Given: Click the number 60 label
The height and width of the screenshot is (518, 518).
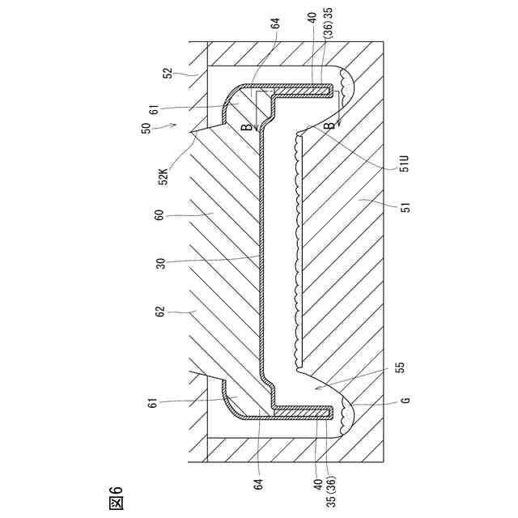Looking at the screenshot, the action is [x=159, y=216].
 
